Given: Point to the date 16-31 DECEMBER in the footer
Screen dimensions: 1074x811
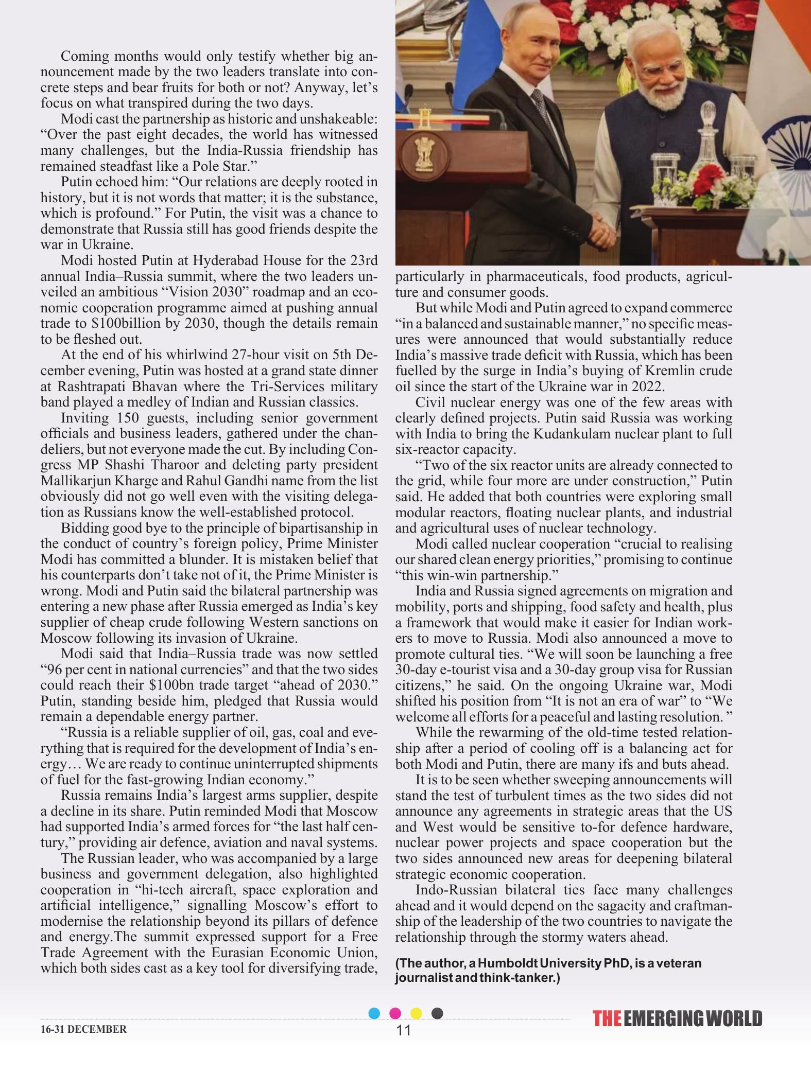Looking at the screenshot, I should click(x=83, y=1029).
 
